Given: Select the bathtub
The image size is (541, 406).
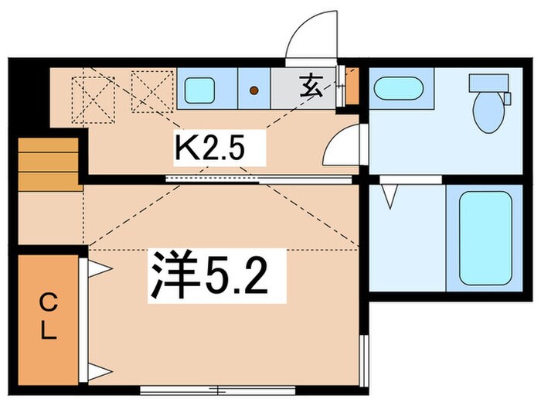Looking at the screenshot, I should point(485,238).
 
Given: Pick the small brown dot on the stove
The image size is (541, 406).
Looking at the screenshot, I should point(253,91).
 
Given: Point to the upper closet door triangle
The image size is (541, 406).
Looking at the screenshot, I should point(98,268).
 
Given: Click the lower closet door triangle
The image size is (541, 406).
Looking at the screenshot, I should point(98,372).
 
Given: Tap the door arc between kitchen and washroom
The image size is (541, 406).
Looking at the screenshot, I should point(342,146).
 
